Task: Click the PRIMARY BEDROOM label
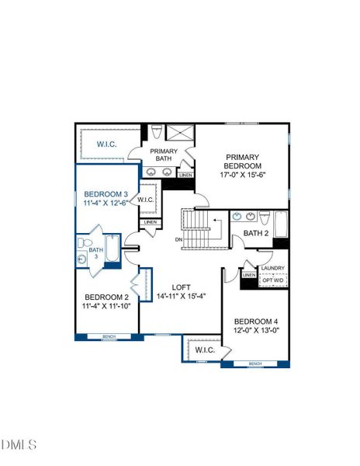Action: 242,160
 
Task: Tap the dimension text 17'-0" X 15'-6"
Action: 242,176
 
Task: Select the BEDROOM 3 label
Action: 106,193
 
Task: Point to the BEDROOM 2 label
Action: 106,297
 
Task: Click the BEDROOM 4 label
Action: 255,321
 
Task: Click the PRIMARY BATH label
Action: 164,155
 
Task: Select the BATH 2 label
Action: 255,232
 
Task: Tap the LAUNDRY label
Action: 272,269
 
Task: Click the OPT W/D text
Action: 272,280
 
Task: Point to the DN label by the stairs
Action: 179,240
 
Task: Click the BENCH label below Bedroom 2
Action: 107,336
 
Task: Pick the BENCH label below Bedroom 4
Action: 254,363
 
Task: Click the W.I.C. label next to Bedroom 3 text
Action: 147,200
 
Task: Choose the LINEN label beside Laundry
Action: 248,275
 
